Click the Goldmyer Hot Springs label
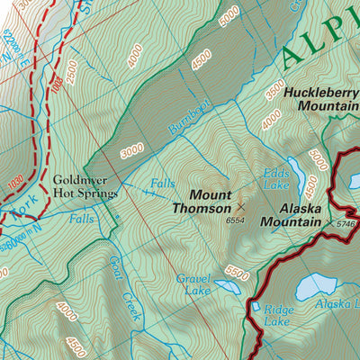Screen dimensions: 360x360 (x=85, y=185)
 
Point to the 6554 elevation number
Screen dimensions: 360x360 (x=236, y=219)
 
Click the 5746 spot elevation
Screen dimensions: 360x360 (x=347, y=223)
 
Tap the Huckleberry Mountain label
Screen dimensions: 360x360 (x=320, y=98)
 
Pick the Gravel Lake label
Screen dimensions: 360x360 (x=193, y=283)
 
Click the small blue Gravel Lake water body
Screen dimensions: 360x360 (x=226, y=287)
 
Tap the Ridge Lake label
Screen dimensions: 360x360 (x=278, y=314)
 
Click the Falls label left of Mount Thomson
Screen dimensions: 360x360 (x=163, y=183)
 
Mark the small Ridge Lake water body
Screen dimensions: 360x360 (x=255, y=307)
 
